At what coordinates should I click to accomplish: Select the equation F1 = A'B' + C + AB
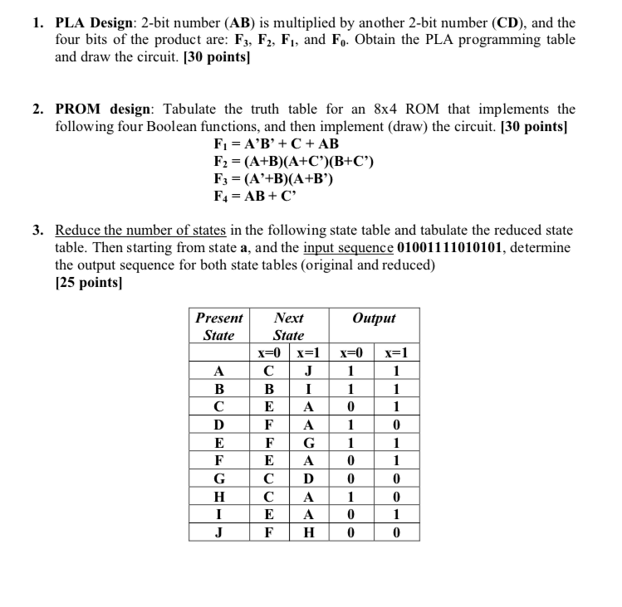(x=276, y=143)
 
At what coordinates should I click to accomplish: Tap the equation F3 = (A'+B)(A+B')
(x=273, y=178)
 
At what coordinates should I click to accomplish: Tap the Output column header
(x=374, y=318)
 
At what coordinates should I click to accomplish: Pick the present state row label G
(x=219, y=480)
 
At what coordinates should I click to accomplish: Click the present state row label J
(x=219, y=532)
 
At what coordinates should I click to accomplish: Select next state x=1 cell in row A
(x=308, y=371)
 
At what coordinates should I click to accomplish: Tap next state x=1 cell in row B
(x=308, y=388)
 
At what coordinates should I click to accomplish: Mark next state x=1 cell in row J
(x=308, y=532)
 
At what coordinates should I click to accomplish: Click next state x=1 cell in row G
(x=308, y=480)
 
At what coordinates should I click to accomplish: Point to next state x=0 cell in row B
(x=267, y=388)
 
